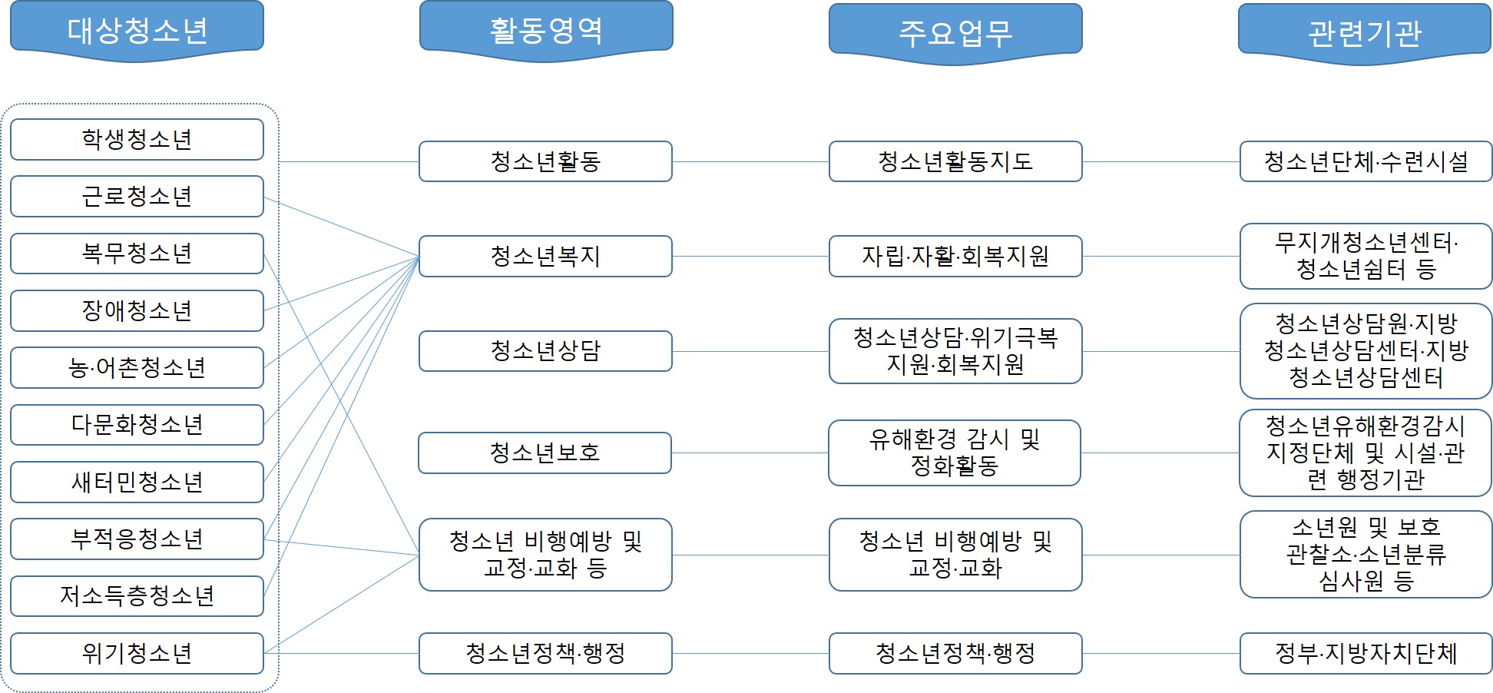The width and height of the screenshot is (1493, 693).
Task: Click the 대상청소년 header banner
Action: [x=137, y=31]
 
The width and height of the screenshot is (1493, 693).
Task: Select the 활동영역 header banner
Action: [x=546, y=31]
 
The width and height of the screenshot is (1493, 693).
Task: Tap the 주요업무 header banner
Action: [x=955, y=34]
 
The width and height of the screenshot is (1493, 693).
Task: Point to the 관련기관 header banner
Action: [x=1365, y=34]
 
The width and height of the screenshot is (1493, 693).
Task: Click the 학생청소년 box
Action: [x=137, y=139]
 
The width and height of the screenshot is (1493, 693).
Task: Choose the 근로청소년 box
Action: [x=137, y=196]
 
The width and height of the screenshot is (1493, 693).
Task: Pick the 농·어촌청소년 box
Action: [x=137, y=367]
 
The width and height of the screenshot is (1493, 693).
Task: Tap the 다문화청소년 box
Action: [x=137, y=424]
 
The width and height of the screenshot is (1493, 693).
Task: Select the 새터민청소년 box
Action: [x=137, y=482]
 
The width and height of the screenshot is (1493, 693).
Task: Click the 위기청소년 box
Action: [x=137, y=653]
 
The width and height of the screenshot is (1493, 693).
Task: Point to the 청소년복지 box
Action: [x=545, y=256]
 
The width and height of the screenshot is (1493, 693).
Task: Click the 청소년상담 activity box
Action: [x=545, y=351]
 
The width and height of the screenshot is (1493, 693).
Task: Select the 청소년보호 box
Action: [x=545, y=453]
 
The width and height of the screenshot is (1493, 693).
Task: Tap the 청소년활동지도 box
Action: [x=955, y=161]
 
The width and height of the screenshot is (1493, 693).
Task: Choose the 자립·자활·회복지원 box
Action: [x=955, y=256]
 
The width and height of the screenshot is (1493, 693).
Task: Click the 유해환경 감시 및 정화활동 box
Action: [x=955, y=453]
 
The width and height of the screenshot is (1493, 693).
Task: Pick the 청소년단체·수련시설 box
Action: [x=1366, y=161]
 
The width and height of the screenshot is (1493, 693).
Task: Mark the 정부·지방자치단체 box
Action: [x=1366, y=653]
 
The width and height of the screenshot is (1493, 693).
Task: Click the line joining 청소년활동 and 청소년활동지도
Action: [x=750, y=161]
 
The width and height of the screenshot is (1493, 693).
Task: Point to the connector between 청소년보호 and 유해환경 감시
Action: [x=750, y=453]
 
